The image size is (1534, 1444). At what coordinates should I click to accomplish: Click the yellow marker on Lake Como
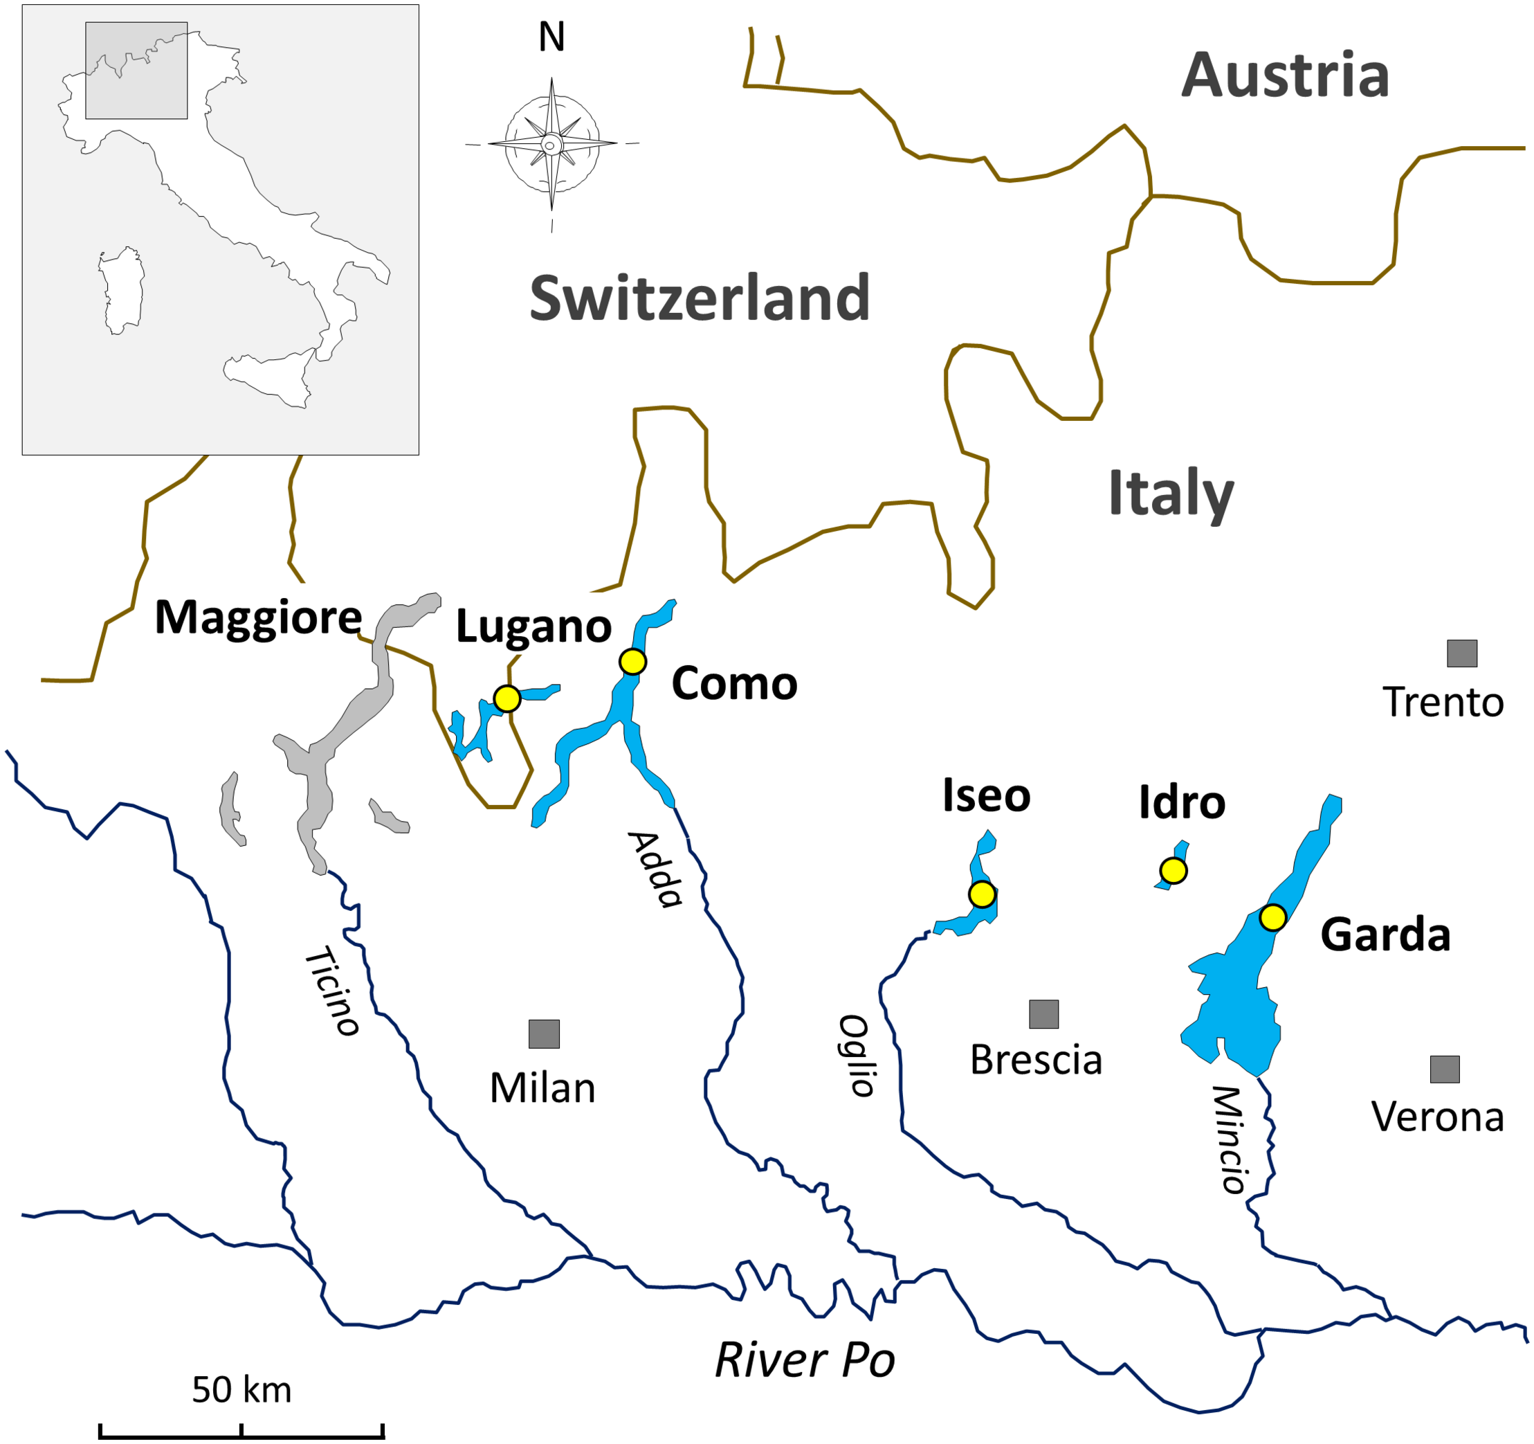tap(632, 661)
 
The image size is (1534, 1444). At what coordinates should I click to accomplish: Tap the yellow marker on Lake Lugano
tap(507, 698)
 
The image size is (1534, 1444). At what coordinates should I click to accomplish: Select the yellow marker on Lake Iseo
tap(982, 894)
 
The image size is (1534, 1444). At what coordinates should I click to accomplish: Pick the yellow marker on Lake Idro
tap(1173, 872)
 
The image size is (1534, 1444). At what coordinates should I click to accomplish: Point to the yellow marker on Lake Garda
tap(1272, 918)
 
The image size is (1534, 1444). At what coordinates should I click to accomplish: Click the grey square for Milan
tap(544, 1034)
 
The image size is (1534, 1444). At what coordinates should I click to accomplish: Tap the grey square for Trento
tap(1461, 653)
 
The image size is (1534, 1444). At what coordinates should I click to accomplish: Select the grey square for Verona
tap(1445, 1070)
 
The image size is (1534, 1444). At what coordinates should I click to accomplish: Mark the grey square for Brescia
tap(1043, 1014)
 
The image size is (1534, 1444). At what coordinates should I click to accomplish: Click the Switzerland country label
tap(700, 298)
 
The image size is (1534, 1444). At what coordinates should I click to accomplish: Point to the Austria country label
tap(1285, 75)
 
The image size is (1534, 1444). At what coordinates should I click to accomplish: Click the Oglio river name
tap(857, 1056)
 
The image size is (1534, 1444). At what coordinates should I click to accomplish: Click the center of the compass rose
tap(551, 144)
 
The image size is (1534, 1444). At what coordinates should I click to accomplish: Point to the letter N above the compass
tap(551, 37)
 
